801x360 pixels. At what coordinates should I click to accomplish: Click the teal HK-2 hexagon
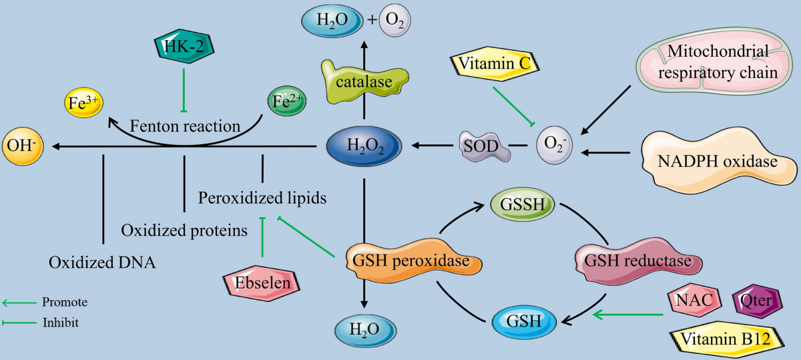point(184,46)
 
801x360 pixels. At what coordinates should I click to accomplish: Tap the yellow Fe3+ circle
point(83,103)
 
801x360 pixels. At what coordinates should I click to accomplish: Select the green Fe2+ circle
point(287,101)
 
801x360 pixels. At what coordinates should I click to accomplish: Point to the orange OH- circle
point(23,146)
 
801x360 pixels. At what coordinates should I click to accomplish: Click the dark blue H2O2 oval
point(364,146)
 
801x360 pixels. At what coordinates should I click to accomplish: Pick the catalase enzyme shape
point(364,82)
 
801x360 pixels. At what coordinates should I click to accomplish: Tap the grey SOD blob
point(483,146)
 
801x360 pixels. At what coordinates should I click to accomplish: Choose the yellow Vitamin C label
point(495,63)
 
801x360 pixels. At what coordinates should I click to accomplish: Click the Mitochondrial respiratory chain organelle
point(718,61)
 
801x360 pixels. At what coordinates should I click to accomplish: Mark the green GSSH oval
point(523,204)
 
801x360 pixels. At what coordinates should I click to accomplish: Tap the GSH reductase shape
point(638,261)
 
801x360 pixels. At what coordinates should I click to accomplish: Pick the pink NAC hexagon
point(694,300)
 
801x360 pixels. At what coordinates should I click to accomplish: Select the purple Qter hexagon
point(757,301)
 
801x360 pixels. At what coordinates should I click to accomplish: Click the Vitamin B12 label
point(726,339)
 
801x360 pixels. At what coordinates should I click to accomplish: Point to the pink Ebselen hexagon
point(262,283)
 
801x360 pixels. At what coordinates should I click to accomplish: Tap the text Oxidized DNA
point(102,262)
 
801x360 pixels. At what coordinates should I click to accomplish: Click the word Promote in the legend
point(65,302)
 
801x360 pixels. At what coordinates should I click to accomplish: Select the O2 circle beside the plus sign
point(394,20)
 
